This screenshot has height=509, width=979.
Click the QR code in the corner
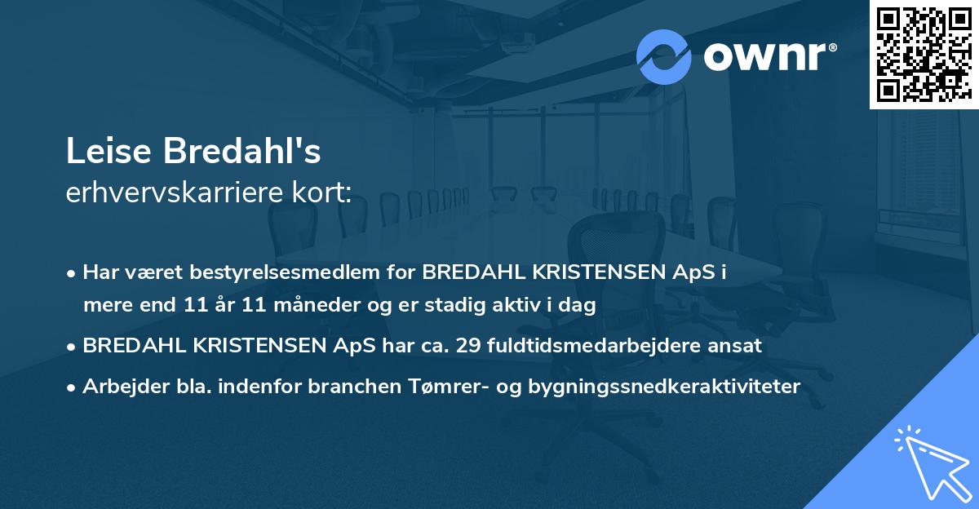coord(924,54)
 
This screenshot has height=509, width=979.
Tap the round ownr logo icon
coord(664,57)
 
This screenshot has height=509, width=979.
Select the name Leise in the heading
coord(109,152)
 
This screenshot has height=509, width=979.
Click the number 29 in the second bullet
coord(467,346)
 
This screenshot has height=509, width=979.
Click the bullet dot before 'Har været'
coord(73,273)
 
